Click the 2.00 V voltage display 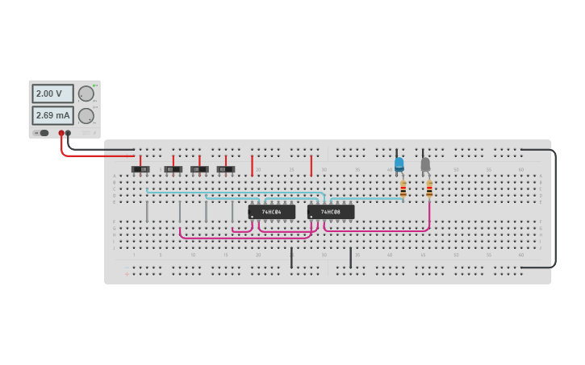pos(52,93)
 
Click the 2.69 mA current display pos(52,115)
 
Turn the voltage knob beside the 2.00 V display pos(86,93)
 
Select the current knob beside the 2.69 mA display pos(86,115)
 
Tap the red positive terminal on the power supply pos(61,133)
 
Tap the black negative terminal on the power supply pos(69,133)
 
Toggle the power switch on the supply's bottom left pos(43,133)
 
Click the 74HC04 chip pos(271,212)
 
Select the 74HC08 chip pos(331,212)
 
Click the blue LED pos(399,164)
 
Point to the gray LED pos(425,164)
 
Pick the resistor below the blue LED pos(403,189)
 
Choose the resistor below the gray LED pos(429,189)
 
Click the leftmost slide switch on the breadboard pos(140,169)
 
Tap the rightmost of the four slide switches pos(226,169)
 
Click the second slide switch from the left pos(173,169)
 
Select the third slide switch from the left pos(199,169)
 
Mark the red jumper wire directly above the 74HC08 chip pos(311,165)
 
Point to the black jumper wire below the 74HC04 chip pos(291,258)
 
